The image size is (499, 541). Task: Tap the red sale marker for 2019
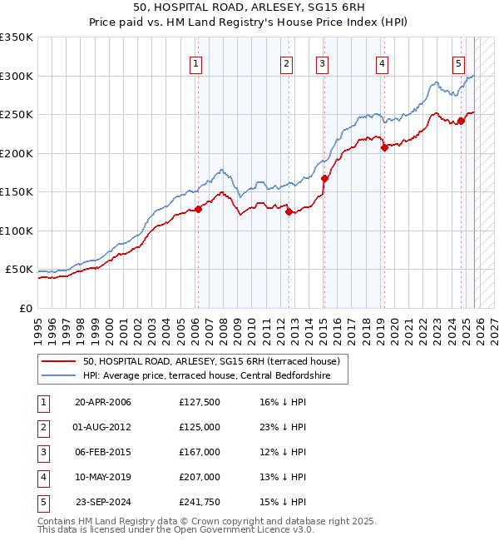pos(384,148)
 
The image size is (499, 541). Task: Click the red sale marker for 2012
pos(289,211)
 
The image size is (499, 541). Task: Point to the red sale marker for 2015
pos(324,178)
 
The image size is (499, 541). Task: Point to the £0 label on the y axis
pos(26,309)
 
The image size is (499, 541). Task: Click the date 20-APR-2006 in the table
pos(103,402)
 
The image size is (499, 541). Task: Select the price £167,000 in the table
pos(200,452)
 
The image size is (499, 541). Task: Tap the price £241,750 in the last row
pos(200,502)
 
